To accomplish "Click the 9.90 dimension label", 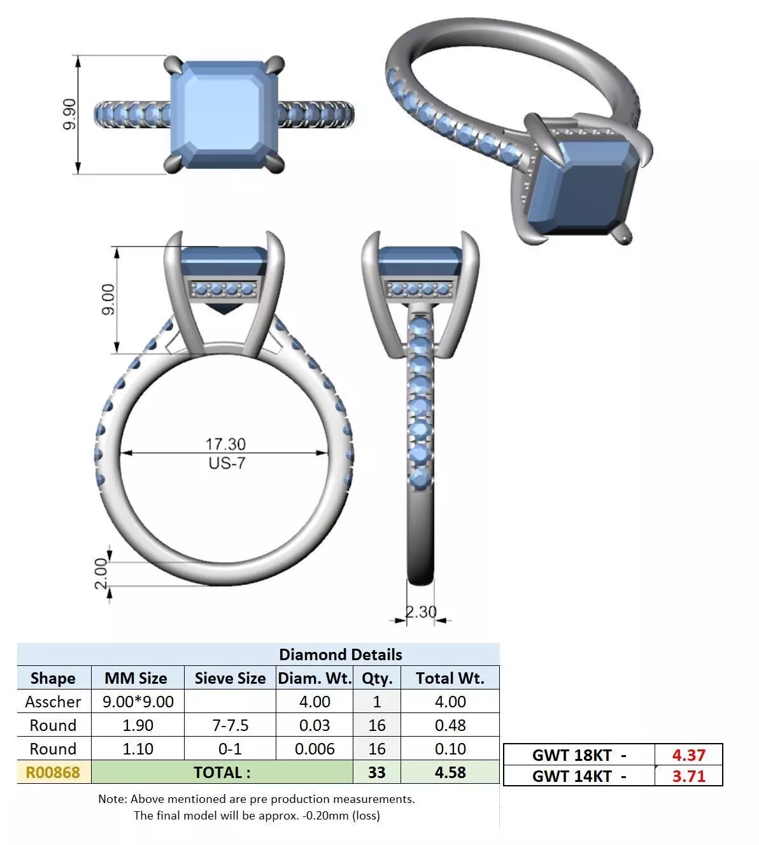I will click(70, 115).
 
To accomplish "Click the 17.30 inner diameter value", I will click(225, 444).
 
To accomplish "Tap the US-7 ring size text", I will click(227, 463).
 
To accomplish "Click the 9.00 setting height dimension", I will click(109, 300).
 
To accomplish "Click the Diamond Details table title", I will click(341, 654).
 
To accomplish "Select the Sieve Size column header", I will click(230, 678).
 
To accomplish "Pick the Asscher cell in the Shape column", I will click(53, 702).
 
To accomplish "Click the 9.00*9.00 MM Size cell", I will click(138, 702).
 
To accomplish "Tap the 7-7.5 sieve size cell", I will click(230, 725).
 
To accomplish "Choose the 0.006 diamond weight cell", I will click(315, 749).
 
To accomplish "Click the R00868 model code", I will click(53, 772).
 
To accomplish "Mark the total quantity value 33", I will click(376, 772).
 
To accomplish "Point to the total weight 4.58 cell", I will click(450, 772).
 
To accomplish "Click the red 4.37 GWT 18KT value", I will click(688, 755).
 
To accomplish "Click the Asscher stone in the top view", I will click(226, 115).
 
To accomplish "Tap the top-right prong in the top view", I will click(276, 65).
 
